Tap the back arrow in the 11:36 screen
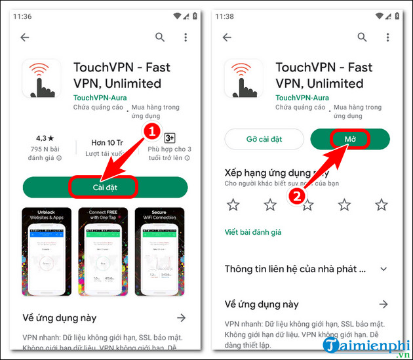[25, 37]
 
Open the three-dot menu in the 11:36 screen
[186, 37]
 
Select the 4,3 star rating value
[46, 140]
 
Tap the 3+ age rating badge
[168, 138]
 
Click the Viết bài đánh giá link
[252, 232]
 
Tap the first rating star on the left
[233, 205]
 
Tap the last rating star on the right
[382, 205]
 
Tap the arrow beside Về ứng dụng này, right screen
[383, 304]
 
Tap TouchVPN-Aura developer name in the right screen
[302, 97]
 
